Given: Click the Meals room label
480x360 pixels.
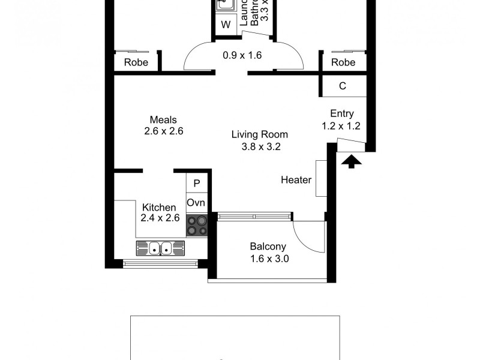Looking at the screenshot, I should (x=163, y=119).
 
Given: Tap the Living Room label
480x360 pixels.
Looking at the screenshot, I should (x=260, y=134).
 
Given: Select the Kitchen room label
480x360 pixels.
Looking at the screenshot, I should (x=159, y=208).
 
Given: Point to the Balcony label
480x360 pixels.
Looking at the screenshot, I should (x=268, y=246).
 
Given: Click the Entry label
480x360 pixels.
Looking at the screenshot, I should (x=342, y=113).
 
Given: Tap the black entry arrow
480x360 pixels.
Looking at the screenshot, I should (x=350, y=161).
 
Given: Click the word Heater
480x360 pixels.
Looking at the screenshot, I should (x=296, y=180).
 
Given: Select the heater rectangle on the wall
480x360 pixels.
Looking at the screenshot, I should (x=320, y=178).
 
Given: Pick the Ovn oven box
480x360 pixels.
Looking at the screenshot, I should (x=196, y=203).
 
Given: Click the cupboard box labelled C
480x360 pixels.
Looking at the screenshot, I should (x=343, y=86).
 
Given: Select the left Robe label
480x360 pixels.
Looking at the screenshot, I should (x=136, y=62).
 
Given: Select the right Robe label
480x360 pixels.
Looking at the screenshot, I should (x=343, y=62).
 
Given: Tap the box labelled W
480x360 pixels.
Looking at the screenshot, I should (x=226, y=25).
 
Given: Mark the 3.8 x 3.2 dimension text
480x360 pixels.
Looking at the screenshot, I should (x=260, y=146).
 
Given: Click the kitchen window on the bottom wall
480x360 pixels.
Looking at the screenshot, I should (x=160, y=263).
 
